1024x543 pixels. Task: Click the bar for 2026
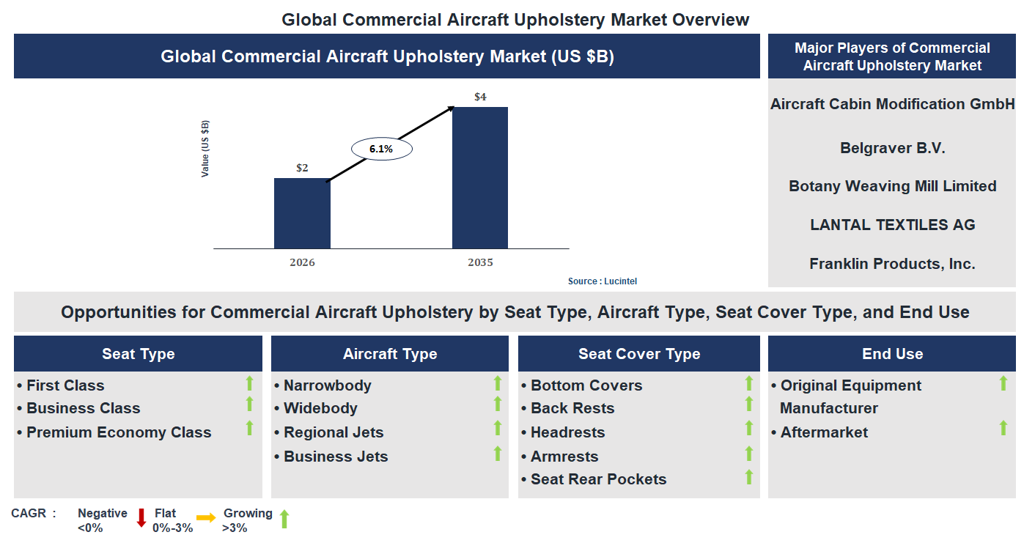[302, 213]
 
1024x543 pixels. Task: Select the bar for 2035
[479, 178]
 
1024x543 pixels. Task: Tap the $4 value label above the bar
[480, 97]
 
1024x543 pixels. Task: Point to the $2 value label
[302, 168]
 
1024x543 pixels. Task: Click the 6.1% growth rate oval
[381, 149]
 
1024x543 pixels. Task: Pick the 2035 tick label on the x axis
[480, 262]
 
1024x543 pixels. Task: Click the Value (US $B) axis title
[205, 148]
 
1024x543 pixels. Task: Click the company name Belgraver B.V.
[892, 148]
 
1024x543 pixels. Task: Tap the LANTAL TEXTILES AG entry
[892, 225]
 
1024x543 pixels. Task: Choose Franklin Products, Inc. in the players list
[892, 264]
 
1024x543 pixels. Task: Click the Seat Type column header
[138, 354]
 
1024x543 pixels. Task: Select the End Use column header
[892, 354]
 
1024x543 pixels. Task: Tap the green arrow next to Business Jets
[498, 454]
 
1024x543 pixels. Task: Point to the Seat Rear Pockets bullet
[598, 479]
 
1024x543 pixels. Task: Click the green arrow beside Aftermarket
[1003, 428]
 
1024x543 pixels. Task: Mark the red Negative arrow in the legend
[141, 517]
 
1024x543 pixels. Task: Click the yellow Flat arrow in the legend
[206, 518]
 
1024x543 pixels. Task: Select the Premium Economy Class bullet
[119, 432]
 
